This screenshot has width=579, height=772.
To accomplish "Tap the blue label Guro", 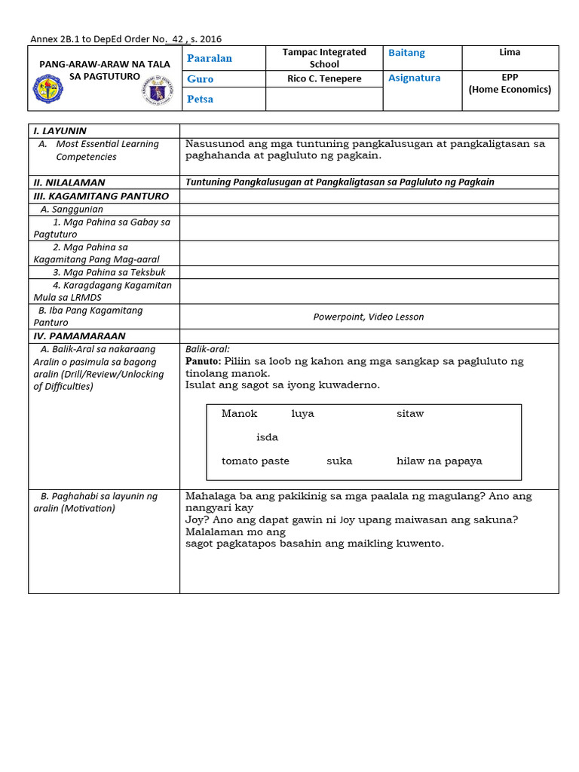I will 200,78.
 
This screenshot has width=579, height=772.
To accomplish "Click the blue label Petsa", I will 200,99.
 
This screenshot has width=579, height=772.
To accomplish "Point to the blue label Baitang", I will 406,53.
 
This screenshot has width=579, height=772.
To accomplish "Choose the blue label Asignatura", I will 414,78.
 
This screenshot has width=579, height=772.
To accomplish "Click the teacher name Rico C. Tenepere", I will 324,78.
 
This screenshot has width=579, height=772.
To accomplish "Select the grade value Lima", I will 510,52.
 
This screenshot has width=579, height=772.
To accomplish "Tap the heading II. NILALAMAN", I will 69,182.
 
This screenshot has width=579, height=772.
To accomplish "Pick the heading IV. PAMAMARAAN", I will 78,335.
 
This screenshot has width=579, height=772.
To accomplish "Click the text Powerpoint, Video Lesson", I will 369,317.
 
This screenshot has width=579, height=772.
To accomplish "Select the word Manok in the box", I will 239,413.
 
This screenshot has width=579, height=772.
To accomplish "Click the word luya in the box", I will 302,413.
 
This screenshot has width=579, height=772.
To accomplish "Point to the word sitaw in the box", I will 410,413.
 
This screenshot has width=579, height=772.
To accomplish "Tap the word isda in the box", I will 267,437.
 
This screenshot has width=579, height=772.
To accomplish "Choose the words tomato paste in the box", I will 255,461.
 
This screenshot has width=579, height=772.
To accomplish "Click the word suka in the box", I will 339,461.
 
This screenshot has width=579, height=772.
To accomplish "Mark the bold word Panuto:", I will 203,361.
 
